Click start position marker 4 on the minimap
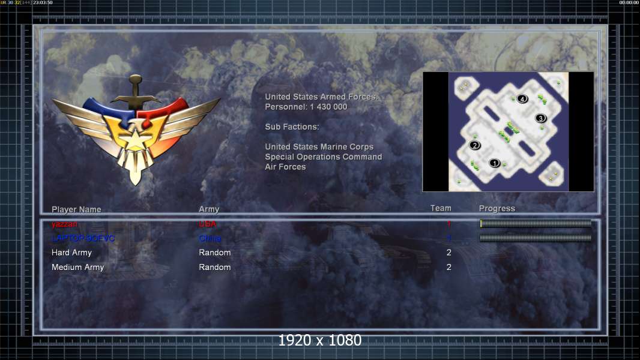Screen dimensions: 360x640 pos(522,98)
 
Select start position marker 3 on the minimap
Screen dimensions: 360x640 pos(540,118)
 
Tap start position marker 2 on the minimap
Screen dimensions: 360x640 pos(475,145)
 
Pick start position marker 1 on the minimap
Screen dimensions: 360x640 pos(495,163)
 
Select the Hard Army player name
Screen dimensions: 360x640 pos(71,253)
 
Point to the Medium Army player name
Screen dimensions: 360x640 pos(77,267)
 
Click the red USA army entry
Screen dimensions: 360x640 pos(207,224)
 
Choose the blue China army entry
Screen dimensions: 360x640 pos(210,238)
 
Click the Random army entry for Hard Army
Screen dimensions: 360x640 pos(214,253)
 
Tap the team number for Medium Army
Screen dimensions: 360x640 pos(448,267)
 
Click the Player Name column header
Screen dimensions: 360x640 pos(76,209)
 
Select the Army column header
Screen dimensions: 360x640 pos(209,209)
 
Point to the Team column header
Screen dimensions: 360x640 pos(441,208)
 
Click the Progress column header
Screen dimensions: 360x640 pos(497,208)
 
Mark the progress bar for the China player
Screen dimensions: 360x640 pos(536,238)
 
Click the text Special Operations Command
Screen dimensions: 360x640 pos(324,157)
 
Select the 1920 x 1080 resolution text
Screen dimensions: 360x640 pos(320,340)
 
